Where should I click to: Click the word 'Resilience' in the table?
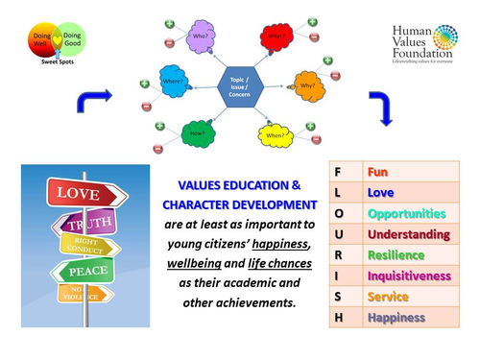[x=396, y=255]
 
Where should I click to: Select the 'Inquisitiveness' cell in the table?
[x=407, y=276]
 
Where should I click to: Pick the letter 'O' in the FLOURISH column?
[x=338, y=213]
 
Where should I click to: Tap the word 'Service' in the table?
[x=388, y=298]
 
